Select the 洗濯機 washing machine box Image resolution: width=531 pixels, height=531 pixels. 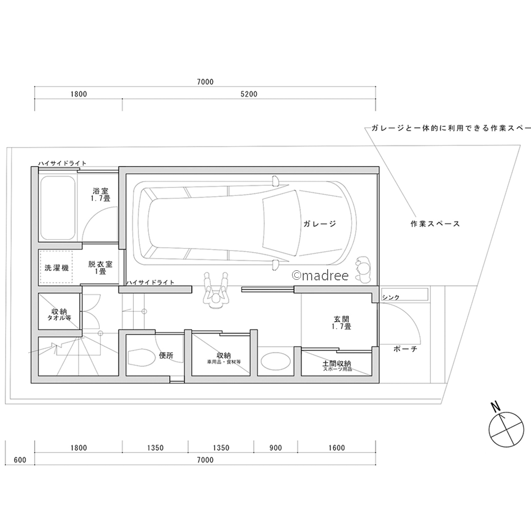coord(56,268)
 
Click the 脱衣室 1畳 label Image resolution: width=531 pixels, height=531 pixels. coord(99,267)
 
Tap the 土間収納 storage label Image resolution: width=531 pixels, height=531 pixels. coord(338,365)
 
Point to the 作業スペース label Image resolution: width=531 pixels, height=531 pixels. coord(435,224)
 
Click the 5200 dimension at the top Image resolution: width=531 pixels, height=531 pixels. coord(249,95)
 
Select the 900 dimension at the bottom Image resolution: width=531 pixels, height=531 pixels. coord(275,448)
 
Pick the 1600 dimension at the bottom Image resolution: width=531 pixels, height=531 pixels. coord(336,448)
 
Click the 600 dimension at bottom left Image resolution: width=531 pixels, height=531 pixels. coord(20,460)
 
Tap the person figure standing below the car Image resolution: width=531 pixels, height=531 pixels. coord(216,291)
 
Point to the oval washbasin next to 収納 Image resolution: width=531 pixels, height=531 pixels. coord(276,362)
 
